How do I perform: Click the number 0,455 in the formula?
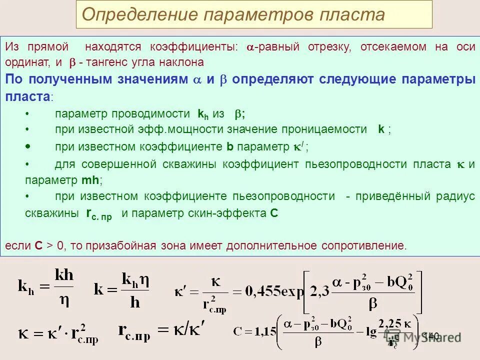(x=260, y=291)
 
